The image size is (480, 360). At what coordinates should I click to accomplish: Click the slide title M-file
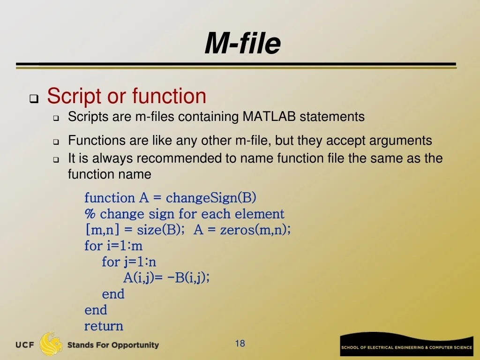(x=242, y=43)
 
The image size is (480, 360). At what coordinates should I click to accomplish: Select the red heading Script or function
(x=127, y=97)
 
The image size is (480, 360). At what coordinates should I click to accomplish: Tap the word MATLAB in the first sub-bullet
(x=269, y=117)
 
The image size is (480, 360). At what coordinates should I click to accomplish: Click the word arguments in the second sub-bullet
(x=400, y=141)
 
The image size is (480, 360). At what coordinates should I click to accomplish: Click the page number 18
(x=240, y=344)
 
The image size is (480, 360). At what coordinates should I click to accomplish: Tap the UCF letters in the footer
(x=25, y=345)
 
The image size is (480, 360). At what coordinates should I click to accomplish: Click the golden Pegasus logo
(x=51, y=344)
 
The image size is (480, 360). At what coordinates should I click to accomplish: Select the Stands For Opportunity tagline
(x=113, y=345)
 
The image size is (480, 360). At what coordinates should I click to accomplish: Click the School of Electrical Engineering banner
(x=406, y=345)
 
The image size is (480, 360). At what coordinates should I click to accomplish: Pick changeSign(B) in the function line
(x=211, y=198)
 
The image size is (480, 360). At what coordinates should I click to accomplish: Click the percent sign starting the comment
(x=90, y=214)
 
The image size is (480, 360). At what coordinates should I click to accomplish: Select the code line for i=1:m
(x=113, y=246)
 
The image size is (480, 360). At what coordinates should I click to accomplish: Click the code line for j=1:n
(x=129, y=262)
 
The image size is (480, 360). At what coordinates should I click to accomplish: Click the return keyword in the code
(x=104, y=326)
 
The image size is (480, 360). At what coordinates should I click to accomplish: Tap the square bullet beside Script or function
(x=34, y=99)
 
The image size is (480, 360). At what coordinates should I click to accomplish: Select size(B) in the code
(x=159, y=230)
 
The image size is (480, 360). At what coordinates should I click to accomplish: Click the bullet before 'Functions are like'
(x=56, y=142)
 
